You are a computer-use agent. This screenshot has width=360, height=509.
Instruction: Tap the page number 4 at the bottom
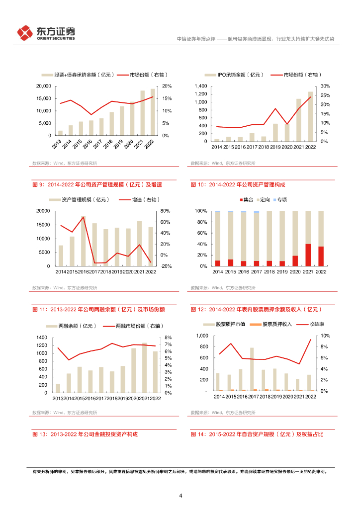click(180, 496)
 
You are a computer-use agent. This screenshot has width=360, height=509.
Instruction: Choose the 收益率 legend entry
click(309, 325)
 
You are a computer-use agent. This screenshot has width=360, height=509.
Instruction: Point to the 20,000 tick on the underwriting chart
click(43, 86)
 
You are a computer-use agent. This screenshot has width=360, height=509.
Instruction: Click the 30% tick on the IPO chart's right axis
click(325, 86)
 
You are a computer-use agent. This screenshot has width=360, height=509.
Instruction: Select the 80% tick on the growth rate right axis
click(166, 211)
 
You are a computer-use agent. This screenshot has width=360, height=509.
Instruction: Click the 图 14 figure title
click(257, 434)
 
